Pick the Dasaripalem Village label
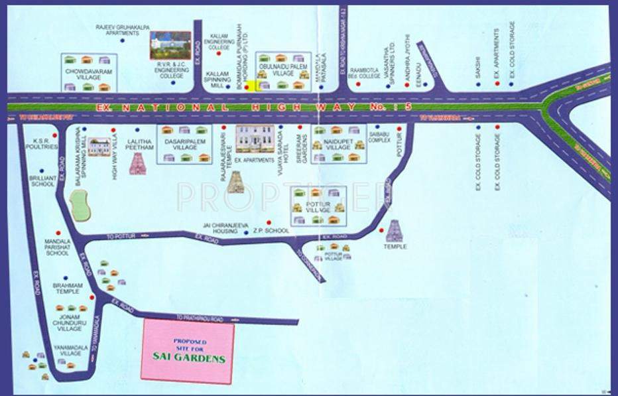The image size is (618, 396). pyautogui.click(x=180, y=143)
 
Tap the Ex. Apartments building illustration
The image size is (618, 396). pyautogui.click(x=255, y=139)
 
